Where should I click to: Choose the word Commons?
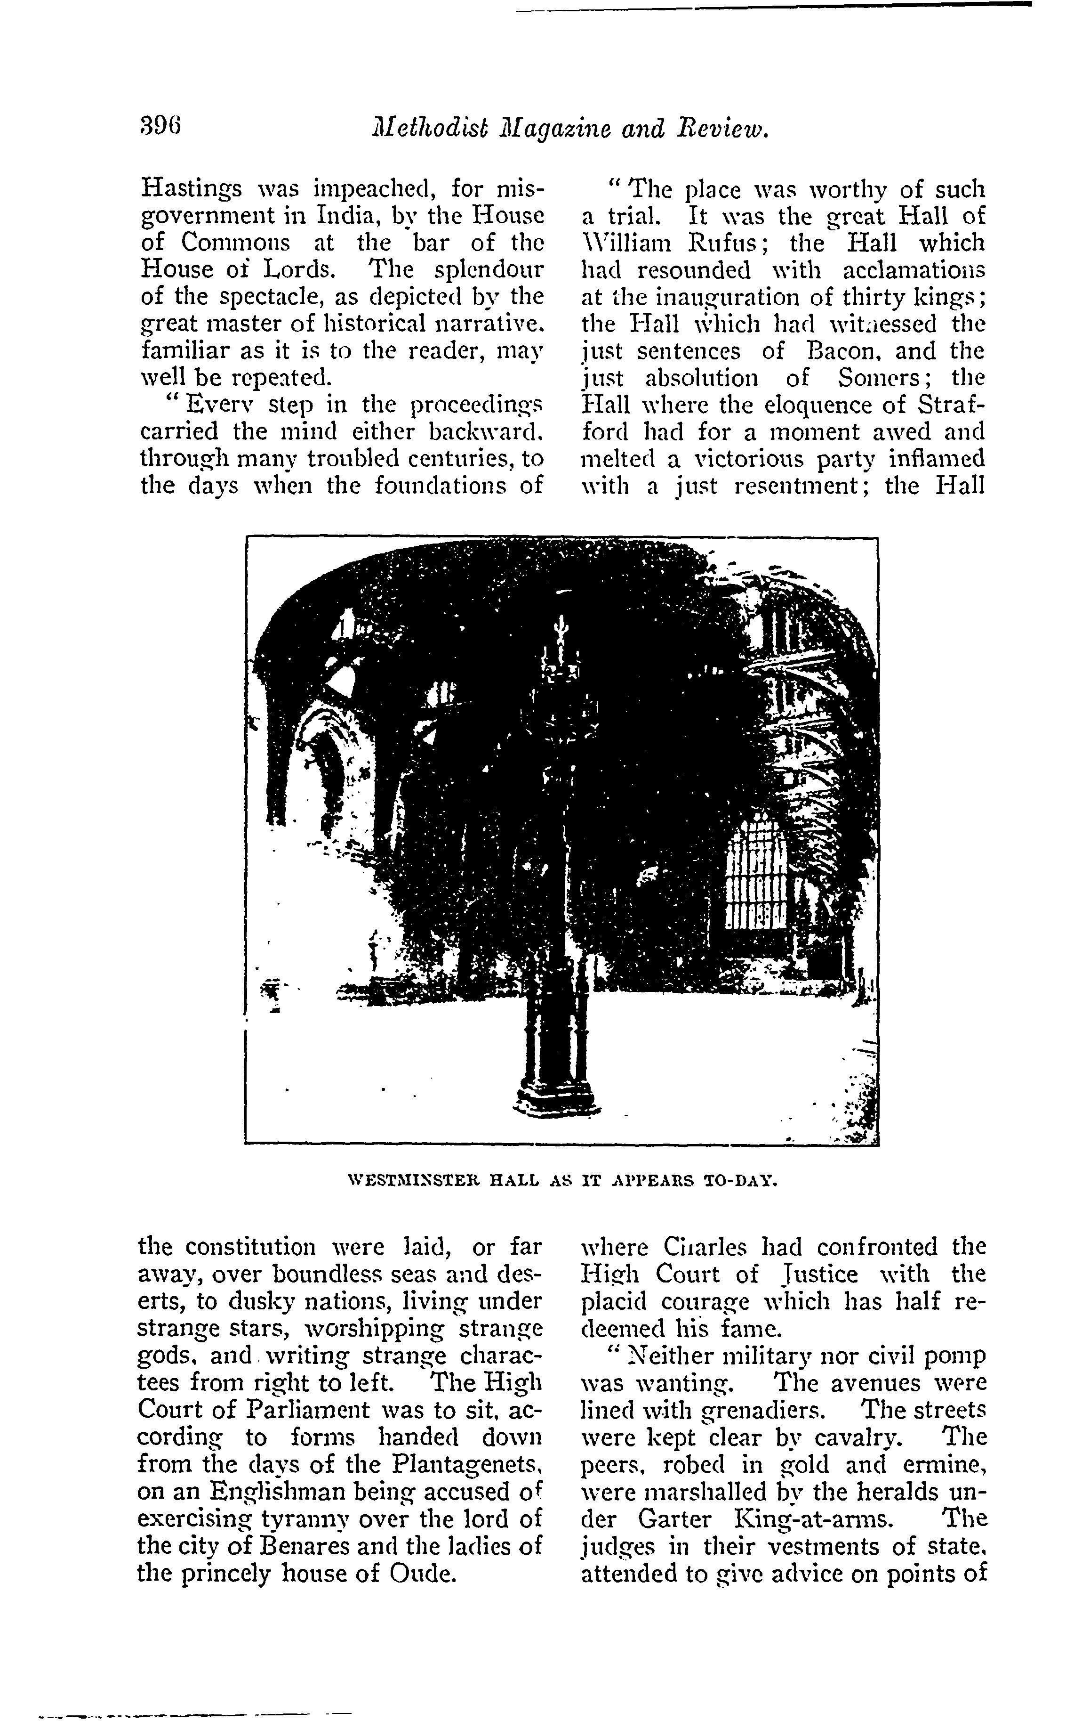(235, 244)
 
